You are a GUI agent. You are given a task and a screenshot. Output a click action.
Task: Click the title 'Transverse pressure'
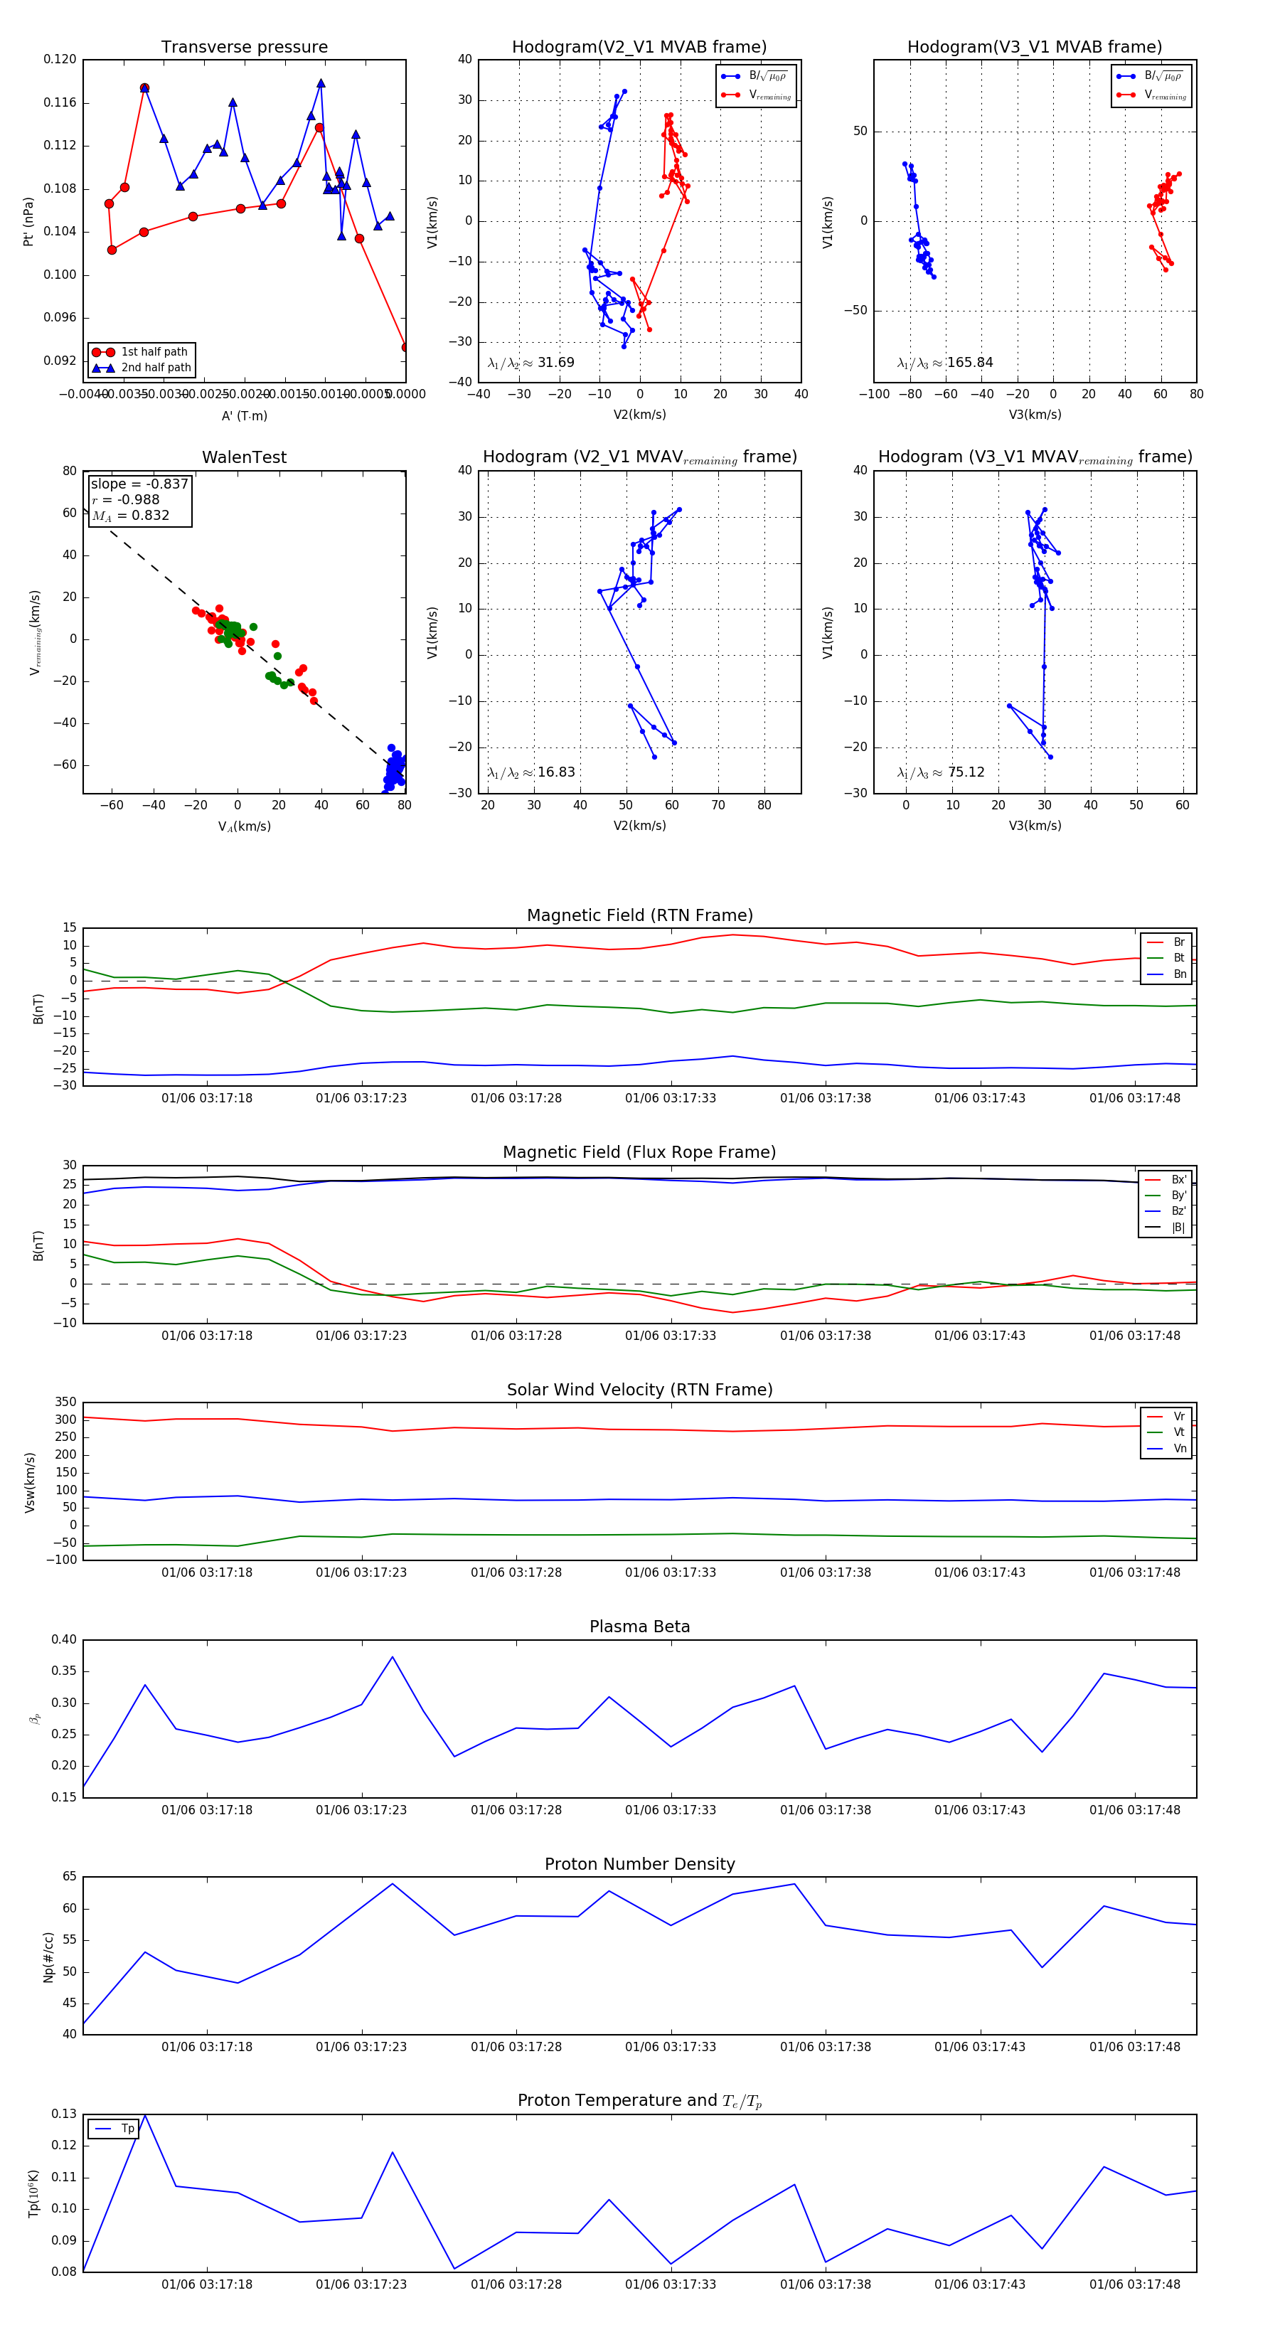pos(244,48)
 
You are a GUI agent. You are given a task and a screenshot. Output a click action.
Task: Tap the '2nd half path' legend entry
pos(156,368)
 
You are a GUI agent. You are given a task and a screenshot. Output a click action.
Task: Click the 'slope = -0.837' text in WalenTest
pos(139,484)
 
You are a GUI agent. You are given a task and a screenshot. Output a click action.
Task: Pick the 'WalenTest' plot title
pos(244,457)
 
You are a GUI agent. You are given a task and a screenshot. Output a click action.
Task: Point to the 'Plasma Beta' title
pos(639,1627)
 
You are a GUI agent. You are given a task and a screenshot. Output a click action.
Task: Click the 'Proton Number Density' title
pos(639,1864)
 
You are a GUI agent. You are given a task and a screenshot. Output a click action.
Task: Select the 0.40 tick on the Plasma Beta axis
pos(64,1640)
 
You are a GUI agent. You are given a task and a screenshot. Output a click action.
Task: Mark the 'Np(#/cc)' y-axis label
pos(49,1957)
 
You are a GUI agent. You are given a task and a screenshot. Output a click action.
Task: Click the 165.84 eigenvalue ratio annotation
pos(969,363)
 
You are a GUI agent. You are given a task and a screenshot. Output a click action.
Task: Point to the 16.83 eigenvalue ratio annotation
pos(555,772)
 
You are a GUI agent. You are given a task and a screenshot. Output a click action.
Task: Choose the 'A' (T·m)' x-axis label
pos(244,416)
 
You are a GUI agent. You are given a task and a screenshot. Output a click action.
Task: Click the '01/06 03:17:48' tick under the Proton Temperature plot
pos(1134,2284)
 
